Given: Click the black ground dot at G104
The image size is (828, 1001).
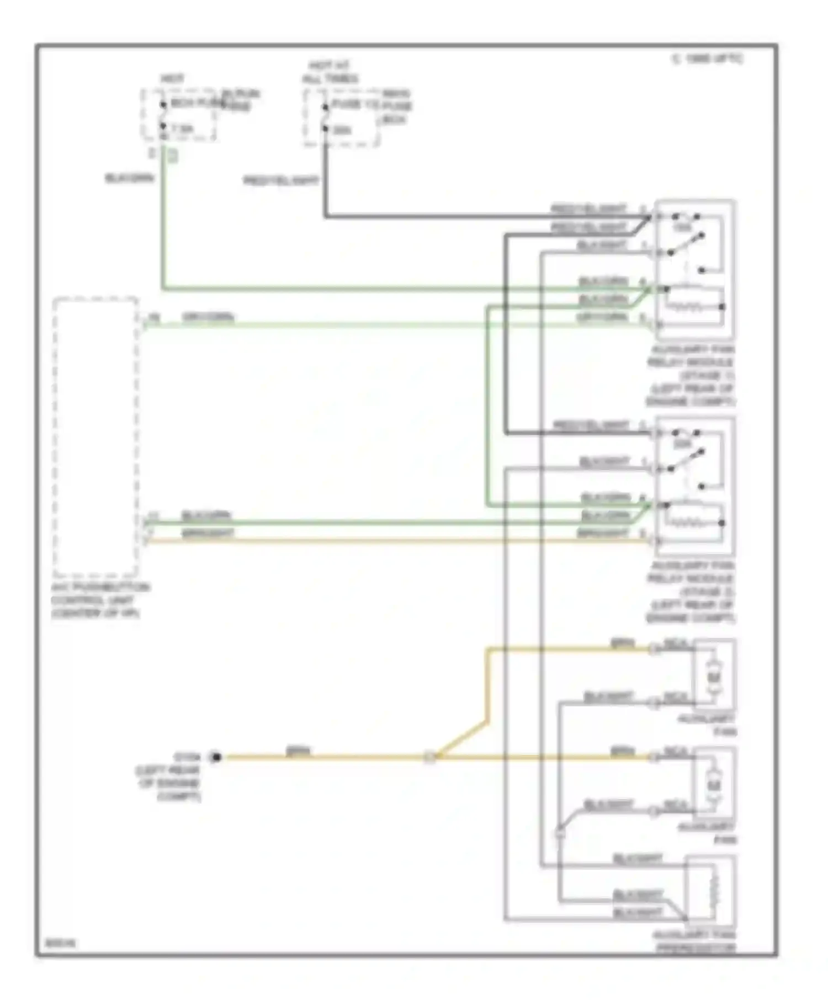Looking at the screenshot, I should point(216,757).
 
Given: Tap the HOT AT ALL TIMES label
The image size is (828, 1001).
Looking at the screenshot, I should point(330,72).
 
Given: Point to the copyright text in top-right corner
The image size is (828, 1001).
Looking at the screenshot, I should point(707,59).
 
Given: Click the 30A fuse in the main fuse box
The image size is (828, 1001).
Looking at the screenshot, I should point(342,131).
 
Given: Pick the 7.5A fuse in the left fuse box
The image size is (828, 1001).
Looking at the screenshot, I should point(181,130).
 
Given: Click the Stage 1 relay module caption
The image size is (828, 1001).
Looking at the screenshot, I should point(691,375).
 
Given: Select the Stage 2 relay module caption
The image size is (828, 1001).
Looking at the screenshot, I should point(691,592).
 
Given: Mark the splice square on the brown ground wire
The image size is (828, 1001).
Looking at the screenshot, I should point(429,758).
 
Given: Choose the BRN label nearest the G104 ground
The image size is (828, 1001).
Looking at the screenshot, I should point(298,750).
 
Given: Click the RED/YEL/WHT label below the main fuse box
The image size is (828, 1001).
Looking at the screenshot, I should point(281,180).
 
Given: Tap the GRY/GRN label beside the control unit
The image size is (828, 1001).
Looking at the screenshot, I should point(208,317).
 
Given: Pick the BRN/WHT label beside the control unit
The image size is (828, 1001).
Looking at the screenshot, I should point(208,533).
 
